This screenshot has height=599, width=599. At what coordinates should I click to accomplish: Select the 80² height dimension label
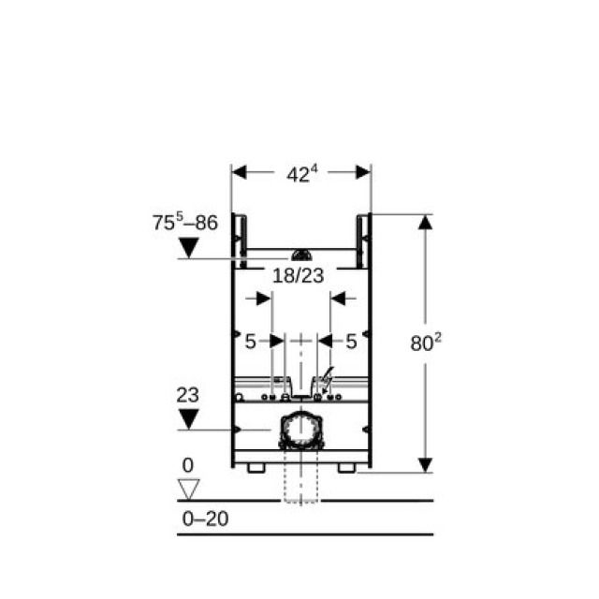point(426,343)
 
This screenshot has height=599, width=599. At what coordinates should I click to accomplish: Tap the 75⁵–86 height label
point(184,224)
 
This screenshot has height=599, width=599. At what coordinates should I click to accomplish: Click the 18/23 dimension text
point(299,275)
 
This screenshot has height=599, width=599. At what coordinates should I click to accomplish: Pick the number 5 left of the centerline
point(250,343)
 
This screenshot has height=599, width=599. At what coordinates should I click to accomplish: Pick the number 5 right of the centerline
point(351,343)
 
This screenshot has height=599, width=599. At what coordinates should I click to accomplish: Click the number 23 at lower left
point(188,395)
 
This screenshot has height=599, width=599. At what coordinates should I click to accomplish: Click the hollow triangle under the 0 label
point(189,489)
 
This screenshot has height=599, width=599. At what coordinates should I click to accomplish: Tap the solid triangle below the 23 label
point(189,417)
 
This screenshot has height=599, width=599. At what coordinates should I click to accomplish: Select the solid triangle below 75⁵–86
point(189,247)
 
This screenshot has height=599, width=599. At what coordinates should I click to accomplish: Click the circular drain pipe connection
point(300,431)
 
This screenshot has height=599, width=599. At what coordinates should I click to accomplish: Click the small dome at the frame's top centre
point(300,255)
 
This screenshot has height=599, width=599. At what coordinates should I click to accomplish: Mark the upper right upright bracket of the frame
point(362,234)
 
